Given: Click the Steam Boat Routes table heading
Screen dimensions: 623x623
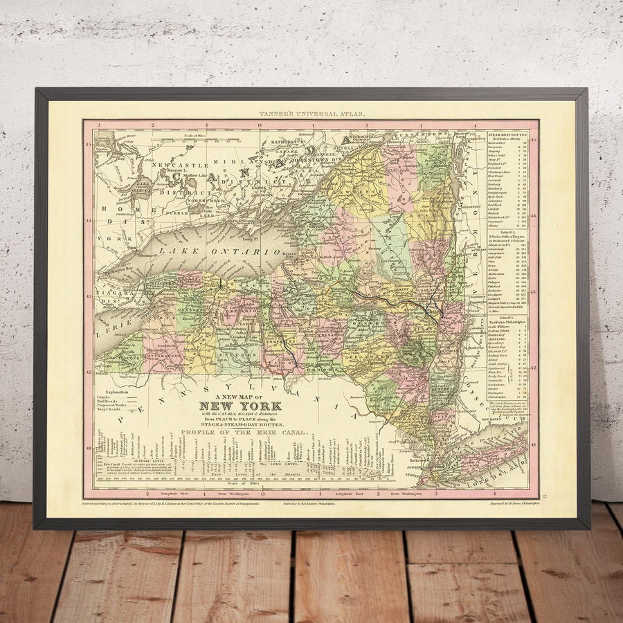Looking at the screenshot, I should [x=509, y=134].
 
